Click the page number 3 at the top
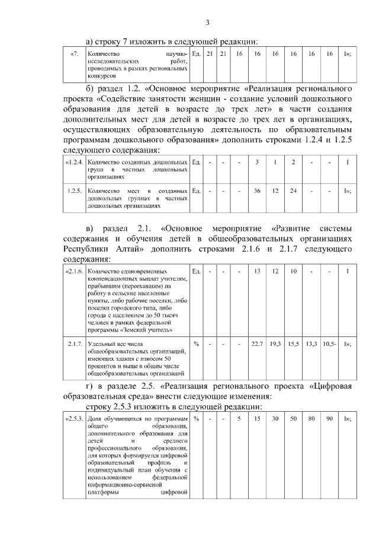pyautogui.click(x=207, y=23)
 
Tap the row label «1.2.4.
pyautogui.click(x=74, y=162)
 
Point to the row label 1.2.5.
pyautogui.click(x=75, y=191)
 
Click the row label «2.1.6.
pyautogui.click(x=74, y=271)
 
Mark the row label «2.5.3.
pyautogui.click(x=74, y=420)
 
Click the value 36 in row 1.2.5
pyautogui.click(x=257, y=191)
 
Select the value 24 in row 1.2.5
pyautogui.click(x=293, y=191)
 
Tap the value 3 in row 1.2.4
pyautogui.click(x=257, y=162)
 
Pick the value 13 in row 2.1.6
pyautogui.click(x=257, y=271)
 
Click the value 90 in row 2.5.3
pyautogui.click(x=329, y=420)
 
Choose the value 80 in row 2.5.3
pyautogui.click(x=311, y=420)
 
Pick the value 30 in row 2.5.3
pyautogui.click(x=275, y=420)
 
